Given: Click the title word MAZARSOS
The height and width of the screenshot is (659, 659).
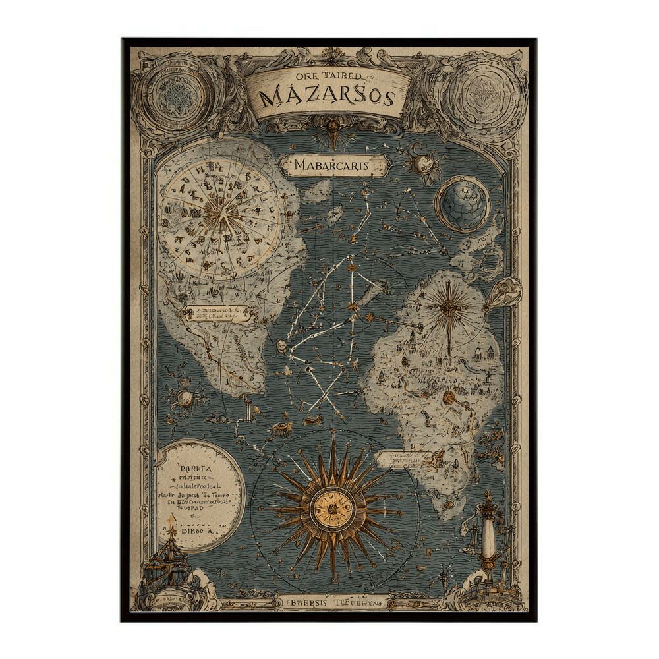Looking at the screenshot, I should point(328,98).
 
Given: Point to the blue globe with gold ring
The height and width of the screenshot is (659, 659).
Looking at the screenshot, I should point(463,203).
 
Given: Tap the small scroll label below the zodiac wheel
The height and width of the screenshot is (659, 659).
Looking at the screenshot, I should point(218,314).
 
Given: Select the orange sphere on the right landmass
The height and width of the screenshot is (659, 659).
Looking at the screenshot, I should point(449,397).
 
